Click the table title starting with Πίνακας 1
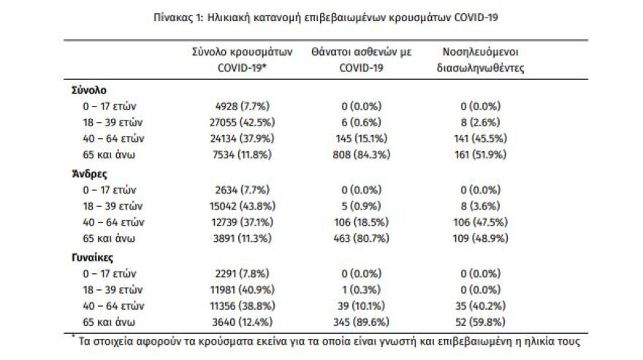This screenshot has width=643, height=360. [321, 15]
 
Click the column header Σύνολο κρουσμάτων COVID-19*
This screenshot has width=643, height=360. [242, 59]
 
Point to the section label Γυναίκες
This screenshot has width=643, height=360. [91, 258]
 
